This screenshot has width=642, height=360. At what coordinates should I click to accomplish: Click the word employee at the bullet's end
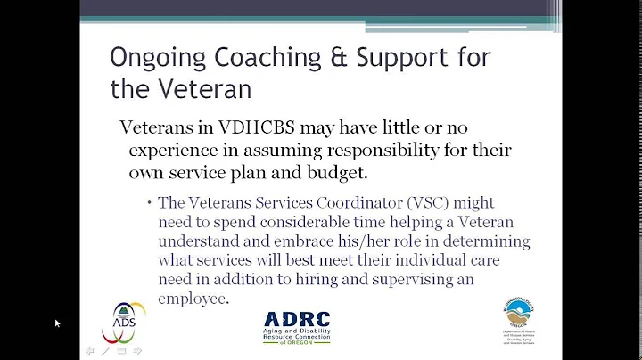193,299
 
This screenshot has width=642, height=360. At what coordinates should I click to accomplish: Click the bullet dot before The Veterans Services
149,203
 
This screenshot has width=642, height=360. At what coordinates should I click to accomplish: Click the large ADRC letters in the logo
297,319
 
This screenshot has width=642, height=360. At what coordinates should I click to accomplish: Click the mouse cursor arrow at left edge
57,323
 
